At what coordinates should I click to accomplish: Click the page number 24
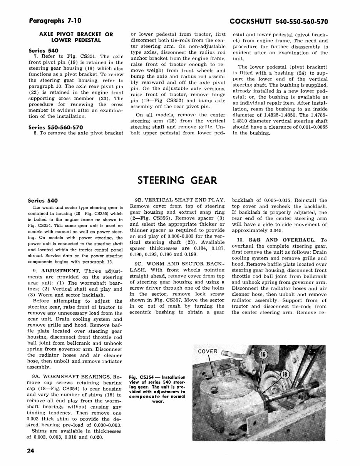coord(31,451)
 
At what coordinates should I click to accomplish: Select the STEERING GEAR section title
coord(177,180)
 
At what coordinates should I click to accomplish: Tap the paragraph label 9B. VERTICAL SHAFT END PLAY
coord(179,200)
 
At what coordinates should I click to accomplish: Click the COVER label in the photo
coord(208,351)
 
